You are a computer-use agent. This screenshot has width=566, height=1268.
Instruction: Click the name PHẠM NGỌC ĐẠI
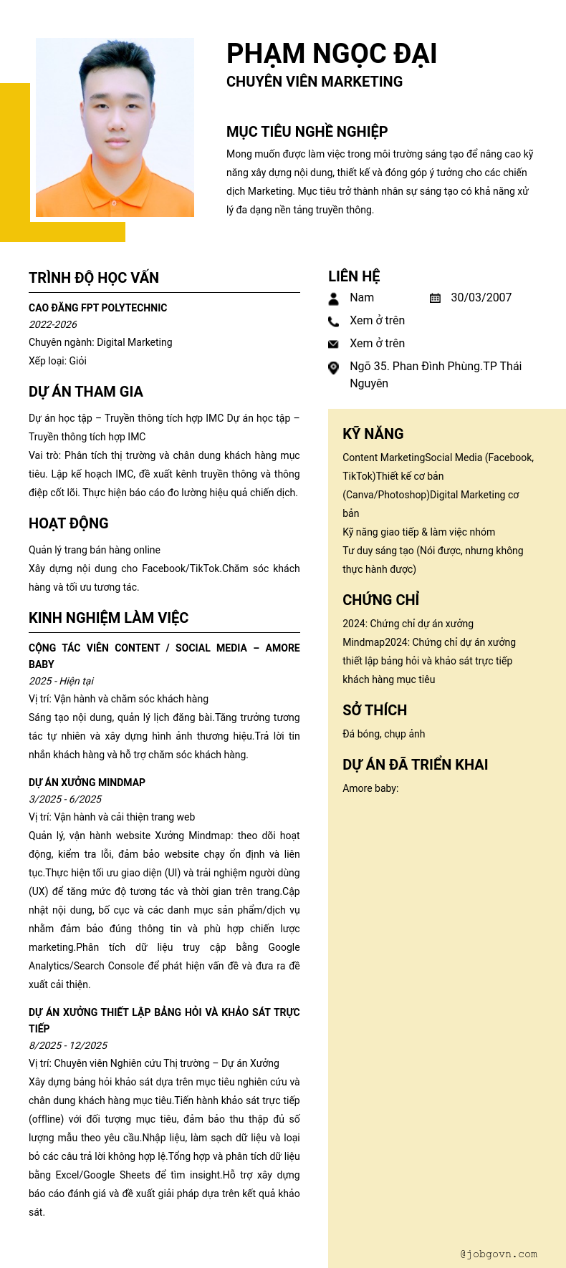tap(331, 54)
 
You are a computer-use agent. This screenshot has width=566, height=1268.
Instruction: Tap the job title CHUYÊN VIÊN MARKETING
tap(315, 82)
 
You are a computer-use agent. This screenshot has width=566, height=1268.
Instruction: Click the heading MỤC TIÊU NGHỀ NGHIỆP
tap(307, 132)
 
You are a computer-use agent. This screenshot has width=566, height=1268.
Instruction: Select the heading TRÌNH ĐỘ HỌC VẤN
tap(94, 278)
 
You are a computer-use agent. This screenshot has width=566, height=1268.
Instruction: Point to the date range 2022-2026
tap(53, 324)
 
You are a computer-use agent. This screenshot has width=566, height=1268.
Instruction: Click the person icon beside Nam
tap(333, 299)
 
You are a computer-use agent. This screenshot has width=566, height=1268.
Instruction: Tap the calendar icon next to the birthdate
tap(435, 298)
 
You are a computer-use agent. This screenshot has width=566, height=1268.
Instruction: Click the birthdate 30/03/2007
tap(481, 298)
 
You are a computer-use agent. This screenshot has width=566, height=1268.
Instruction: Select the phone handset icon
tap(333, 321)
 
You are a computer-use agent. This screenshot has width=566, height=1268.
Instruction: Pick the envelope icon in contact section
tap(333, 344)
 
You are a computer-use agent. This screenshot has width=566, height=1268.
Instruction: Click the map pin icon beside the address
tap(333, 368)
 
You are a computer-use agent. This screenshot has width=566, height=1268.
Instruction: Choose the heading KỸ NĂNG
tap(373, 434)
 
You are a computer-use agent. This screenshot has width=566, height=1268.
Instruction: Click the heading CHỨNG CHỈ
tap(380, 600)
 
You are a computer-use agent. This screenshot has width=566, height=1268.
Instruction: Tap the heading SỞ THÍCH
tap(375, 710)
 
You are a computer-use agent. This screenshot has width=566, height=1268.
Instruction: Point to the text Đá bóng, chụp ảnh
tap(383, 734)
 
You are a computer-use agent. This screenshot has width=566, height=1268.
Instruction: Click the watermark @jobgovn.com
tap(499, 1254)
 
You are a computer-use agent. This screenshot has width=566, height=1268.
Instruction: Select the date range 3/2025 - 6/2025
tap(65, 799)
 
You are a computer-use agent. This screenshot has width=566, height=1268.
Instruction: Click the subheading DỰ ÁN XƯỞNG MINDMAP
tap(87, 783)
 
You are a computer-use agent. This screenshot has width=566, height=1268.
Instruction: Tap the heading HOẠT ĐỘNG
tap(69, 523)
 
